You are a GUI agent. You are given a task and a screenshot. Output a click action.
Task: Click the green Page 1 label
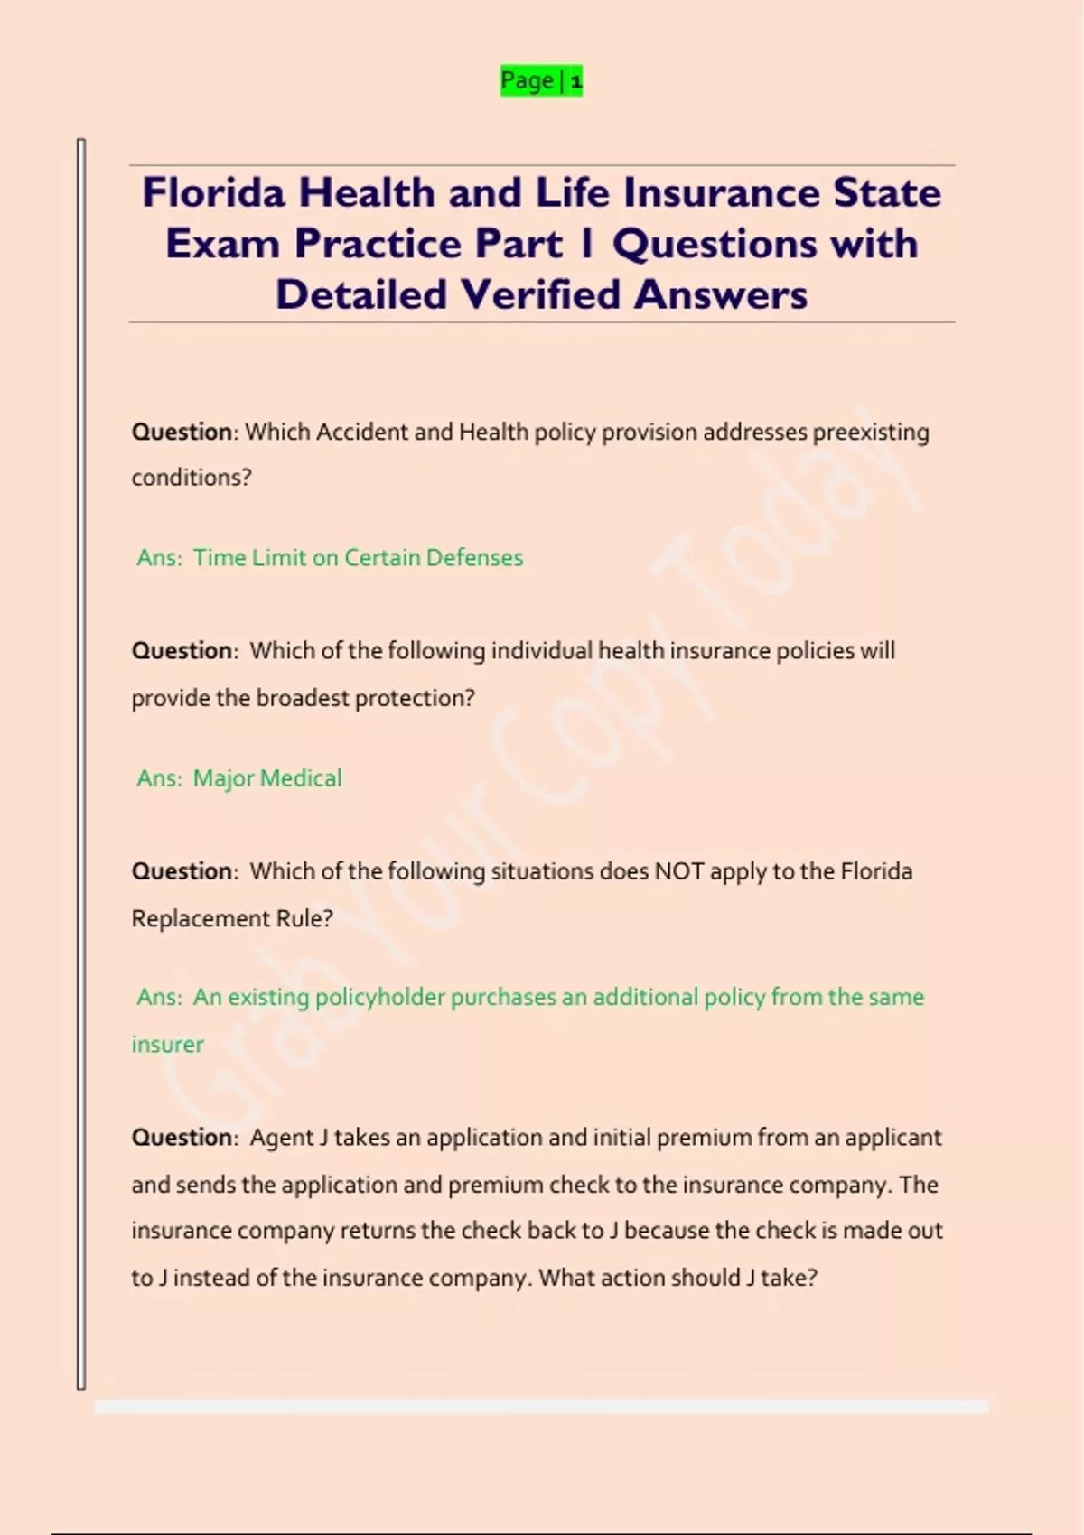click(x=541, y=81)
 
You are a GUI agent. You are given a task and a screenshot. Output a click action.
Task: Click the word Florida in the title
click(x=213, y=193)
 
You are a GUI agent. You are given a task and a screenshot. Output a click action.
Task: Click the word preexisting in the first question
click(x=871, y=433)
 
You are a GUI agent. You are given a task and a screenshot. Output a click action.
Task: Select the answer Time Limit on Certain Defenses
click(x=358, y=558)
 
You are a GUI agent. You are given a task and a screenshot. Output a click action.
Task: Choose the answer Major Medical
click(x=267, y=778)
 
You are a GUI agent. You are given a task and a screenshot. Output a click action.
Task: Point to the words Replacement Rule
click(x=231, y=919)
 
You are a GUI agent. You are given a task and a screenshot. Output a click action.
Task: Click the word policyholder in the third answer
click(x=379, y=998)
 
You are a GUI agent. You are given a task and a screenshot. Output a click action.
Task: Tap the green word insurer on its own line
click(x=167, y=1045)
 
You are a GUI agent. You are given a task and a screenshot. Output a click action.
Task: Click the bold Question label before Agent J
click(x=182, y=1138)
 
